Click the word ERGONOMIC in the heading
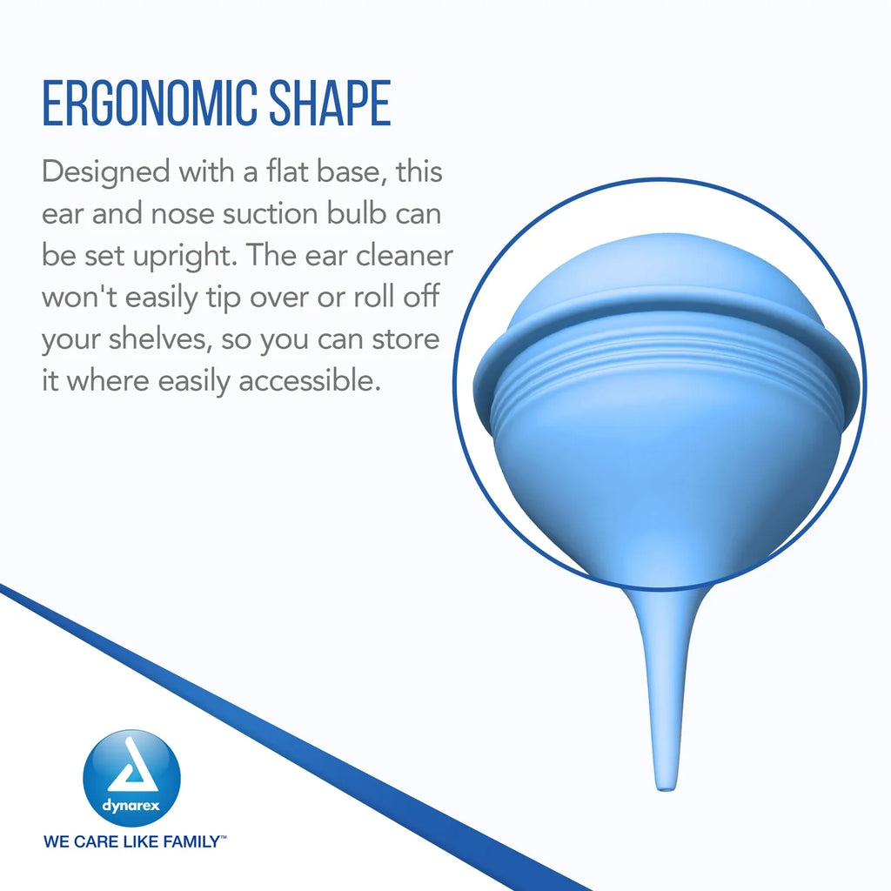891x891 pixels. pos(150,104)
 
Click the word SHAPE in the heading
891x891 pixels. pos(330,104)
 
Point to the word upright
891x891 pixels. pos(184,257)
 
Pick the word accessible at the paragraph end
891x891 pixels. pos(309,380)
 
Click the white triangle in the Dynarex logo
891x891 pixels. pos(132,765)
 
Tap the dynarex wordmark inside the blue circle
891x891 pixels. pos(131,806)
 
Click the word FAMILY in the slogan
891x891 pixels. pos(191,841)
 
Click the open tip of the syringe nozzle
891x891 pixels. pos(666,787)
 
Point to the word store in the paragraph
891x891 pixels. pos(405,338)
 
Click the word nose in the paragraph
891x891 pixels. pos(183,214)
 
